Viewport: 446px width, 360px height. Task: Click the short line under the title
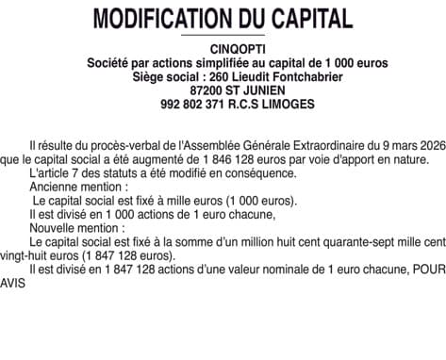223,35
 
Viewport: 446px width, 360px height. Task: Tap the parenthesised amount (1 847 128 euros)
103,255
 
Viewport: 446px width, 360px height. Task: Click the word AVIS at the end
16,282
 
